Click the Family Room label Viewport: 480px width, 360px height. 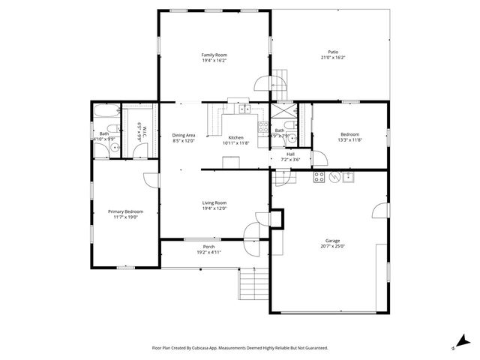[x=214, y=55]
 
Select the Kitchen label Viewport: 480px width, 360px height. [x=235, y=138]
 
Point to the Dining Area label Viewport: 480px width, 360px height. [x=184, y=135]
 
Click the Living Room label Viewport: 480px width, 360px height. [x=214, y=203]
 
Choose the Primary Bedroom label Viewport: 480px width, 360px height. [x=124, y=211]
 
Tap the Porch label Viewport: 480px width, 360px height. [x=209, y=247]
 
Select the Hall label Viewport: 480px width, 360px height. [x=290, y=154]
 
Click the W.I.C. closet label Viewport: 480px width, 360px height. [x=140, y=133]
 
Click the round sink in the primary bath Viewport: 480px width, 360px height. [x=113, y=148]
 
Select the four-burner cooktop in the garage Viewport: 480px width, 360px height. [x=319, y=177]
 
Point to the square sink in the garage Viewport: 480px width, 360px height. [x=349, y=177]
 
